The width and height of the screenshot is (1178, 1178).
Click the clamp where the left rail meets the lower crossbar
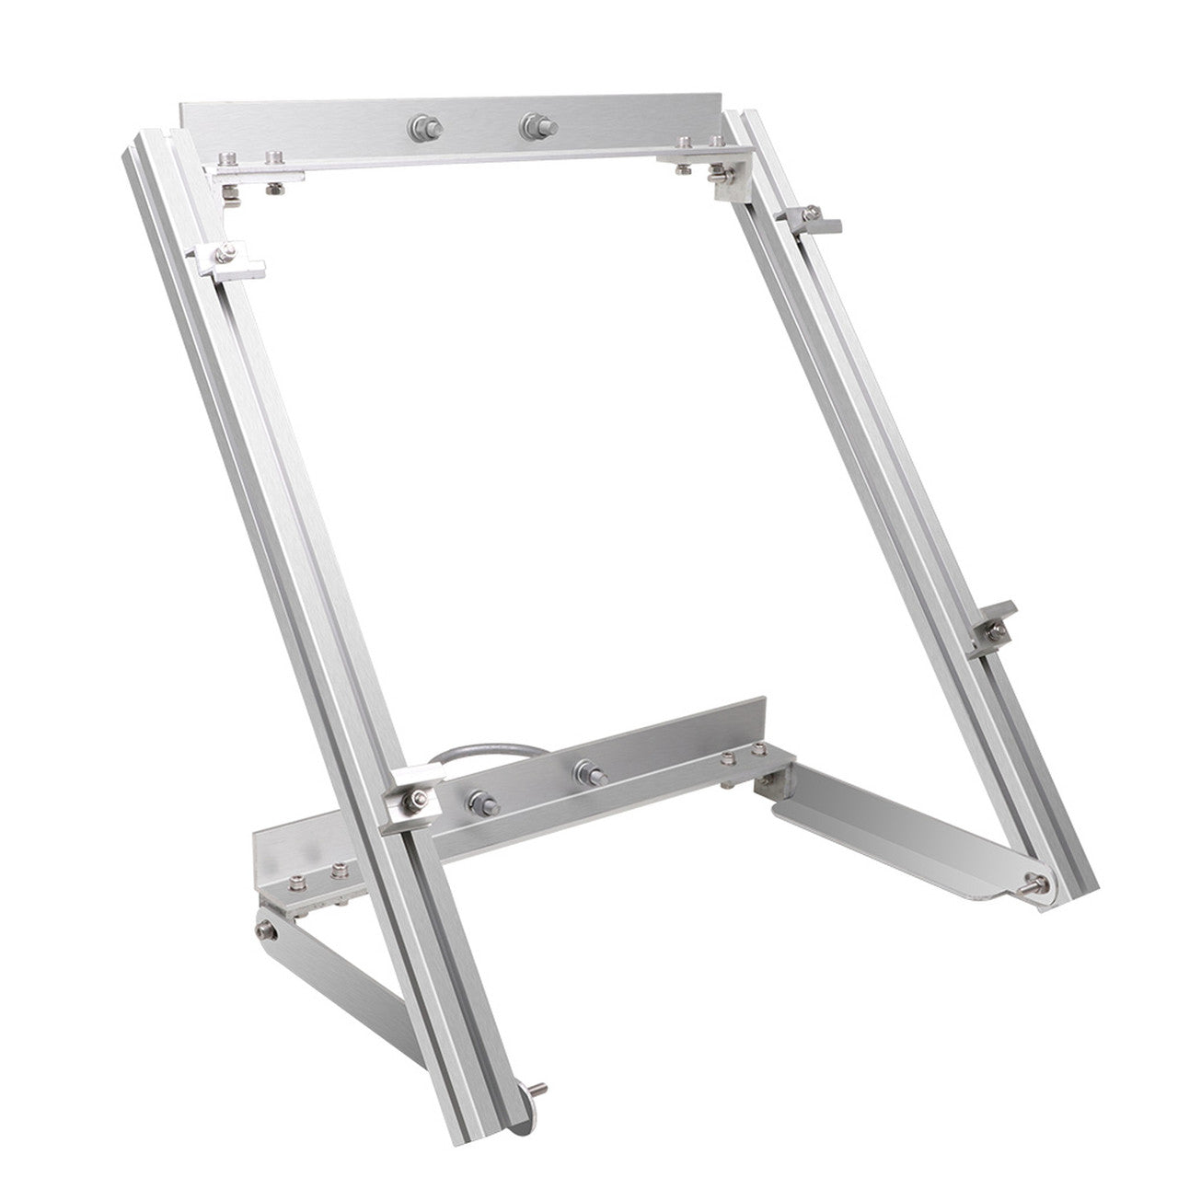(410, 798)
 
